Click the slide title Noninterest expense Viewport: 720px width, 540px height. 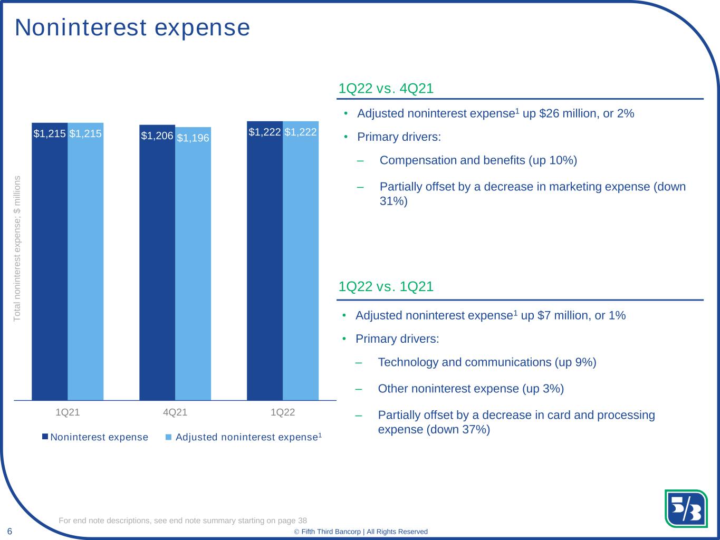[132, 27]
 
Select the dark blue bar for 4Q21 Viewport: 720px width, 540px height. [157, 262]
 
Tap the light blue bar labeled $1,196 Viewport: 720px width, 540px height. [193, 264]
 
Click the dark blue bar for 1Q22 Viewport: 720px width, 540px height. [265, 261]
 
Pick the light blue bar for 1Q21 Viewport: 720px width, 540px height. [85, 262]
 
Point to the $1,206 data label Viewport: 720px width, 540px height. [157, 136]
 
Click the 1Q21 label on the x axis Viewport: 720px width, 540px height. [68, 412]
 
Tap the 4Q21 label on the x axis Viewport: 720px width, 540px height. [175, 412]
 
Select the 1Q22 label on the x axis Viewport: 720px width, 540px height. [283, 412]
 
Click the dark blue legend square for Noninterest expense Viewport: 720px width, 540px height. [45, 437]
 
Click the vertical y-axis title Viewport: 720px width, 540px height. [17, 248]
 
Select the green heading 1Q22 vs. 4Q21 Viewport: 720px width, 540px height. [386, 89]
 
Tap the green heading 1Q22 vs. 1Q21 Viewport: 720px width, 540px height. [386, 286]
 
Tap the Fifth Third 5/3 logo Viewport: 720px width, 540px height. [686, 508]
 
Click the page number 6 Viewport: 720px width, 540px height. [9, 531]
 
